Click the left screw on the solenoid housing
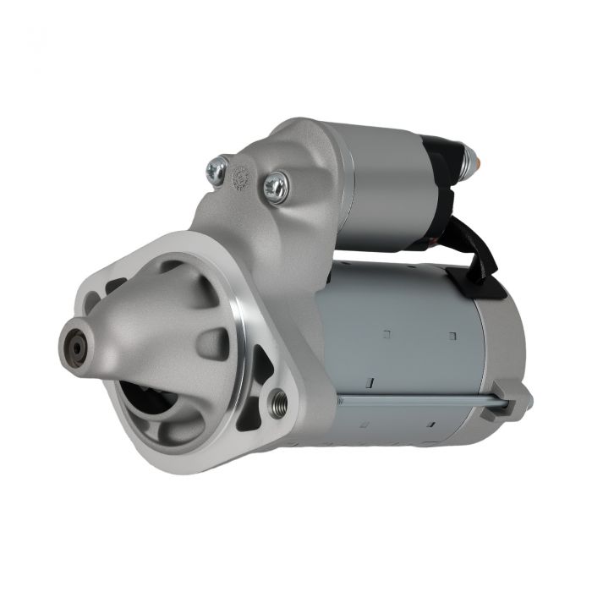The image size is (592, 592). [x=217, y=169]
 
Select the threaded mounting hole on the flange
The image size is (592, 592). [x=277, y=403]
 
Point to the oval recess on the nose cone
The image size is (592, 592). [x=211, y=343]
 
